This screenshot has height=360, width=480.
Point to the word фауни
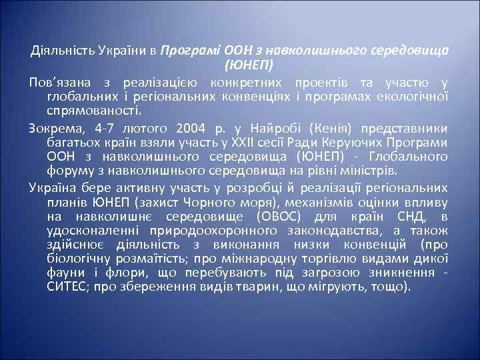65,273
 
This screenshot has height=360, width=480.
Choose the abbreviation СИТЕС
66,288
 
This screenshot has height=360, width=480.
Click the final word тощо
392,288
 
